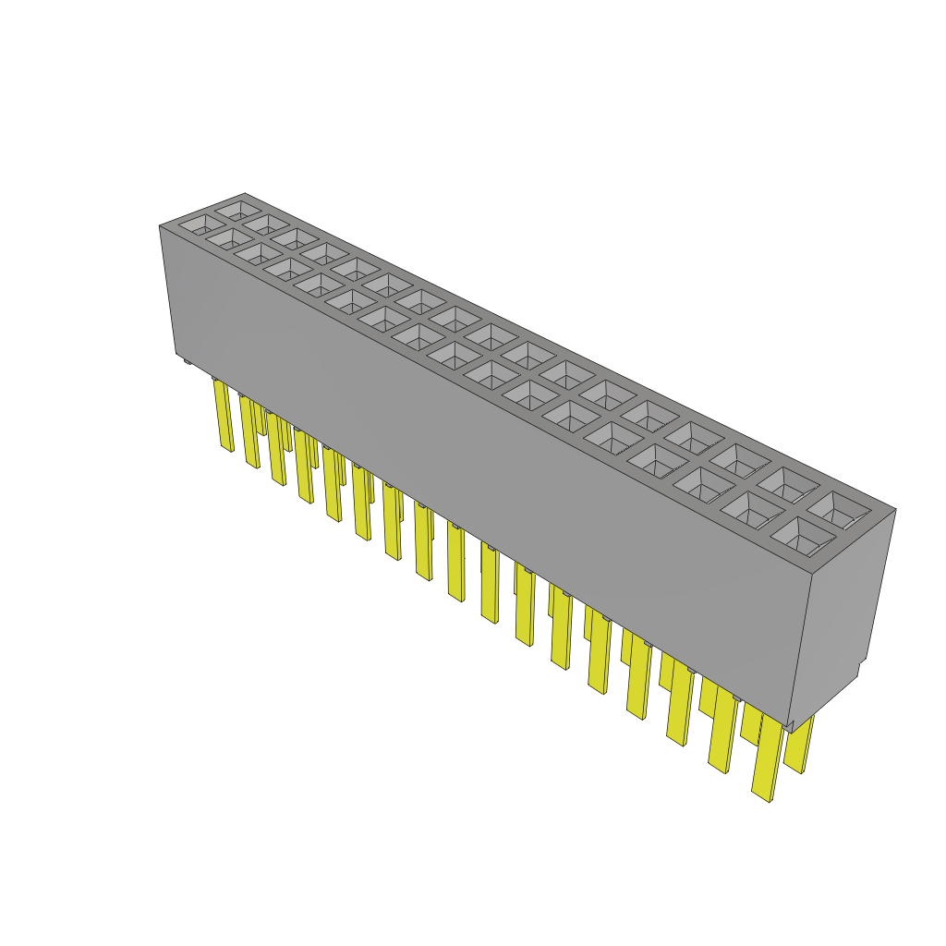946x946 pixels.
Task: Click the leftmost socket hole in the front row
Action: tap(196, 224)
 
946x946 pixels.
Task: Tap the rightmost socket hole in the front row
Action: tap(807, 536)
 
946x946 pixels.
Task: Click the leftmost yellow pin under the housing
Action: tap(224, 416)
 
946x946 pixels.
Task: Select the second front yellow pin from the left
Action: tap(249, 431)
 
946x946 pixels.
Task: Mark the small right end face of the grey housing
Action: tap(845, 610)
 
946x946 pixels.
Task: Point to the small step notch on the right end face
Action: tap(863, 667)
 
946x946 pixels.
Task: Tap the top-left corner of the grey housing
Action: tap(160, 225)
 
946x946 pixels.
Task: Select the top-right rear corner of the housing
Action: tap(895, 508)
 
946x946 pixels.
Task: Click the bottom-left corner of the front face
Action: tap(176, 355)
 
